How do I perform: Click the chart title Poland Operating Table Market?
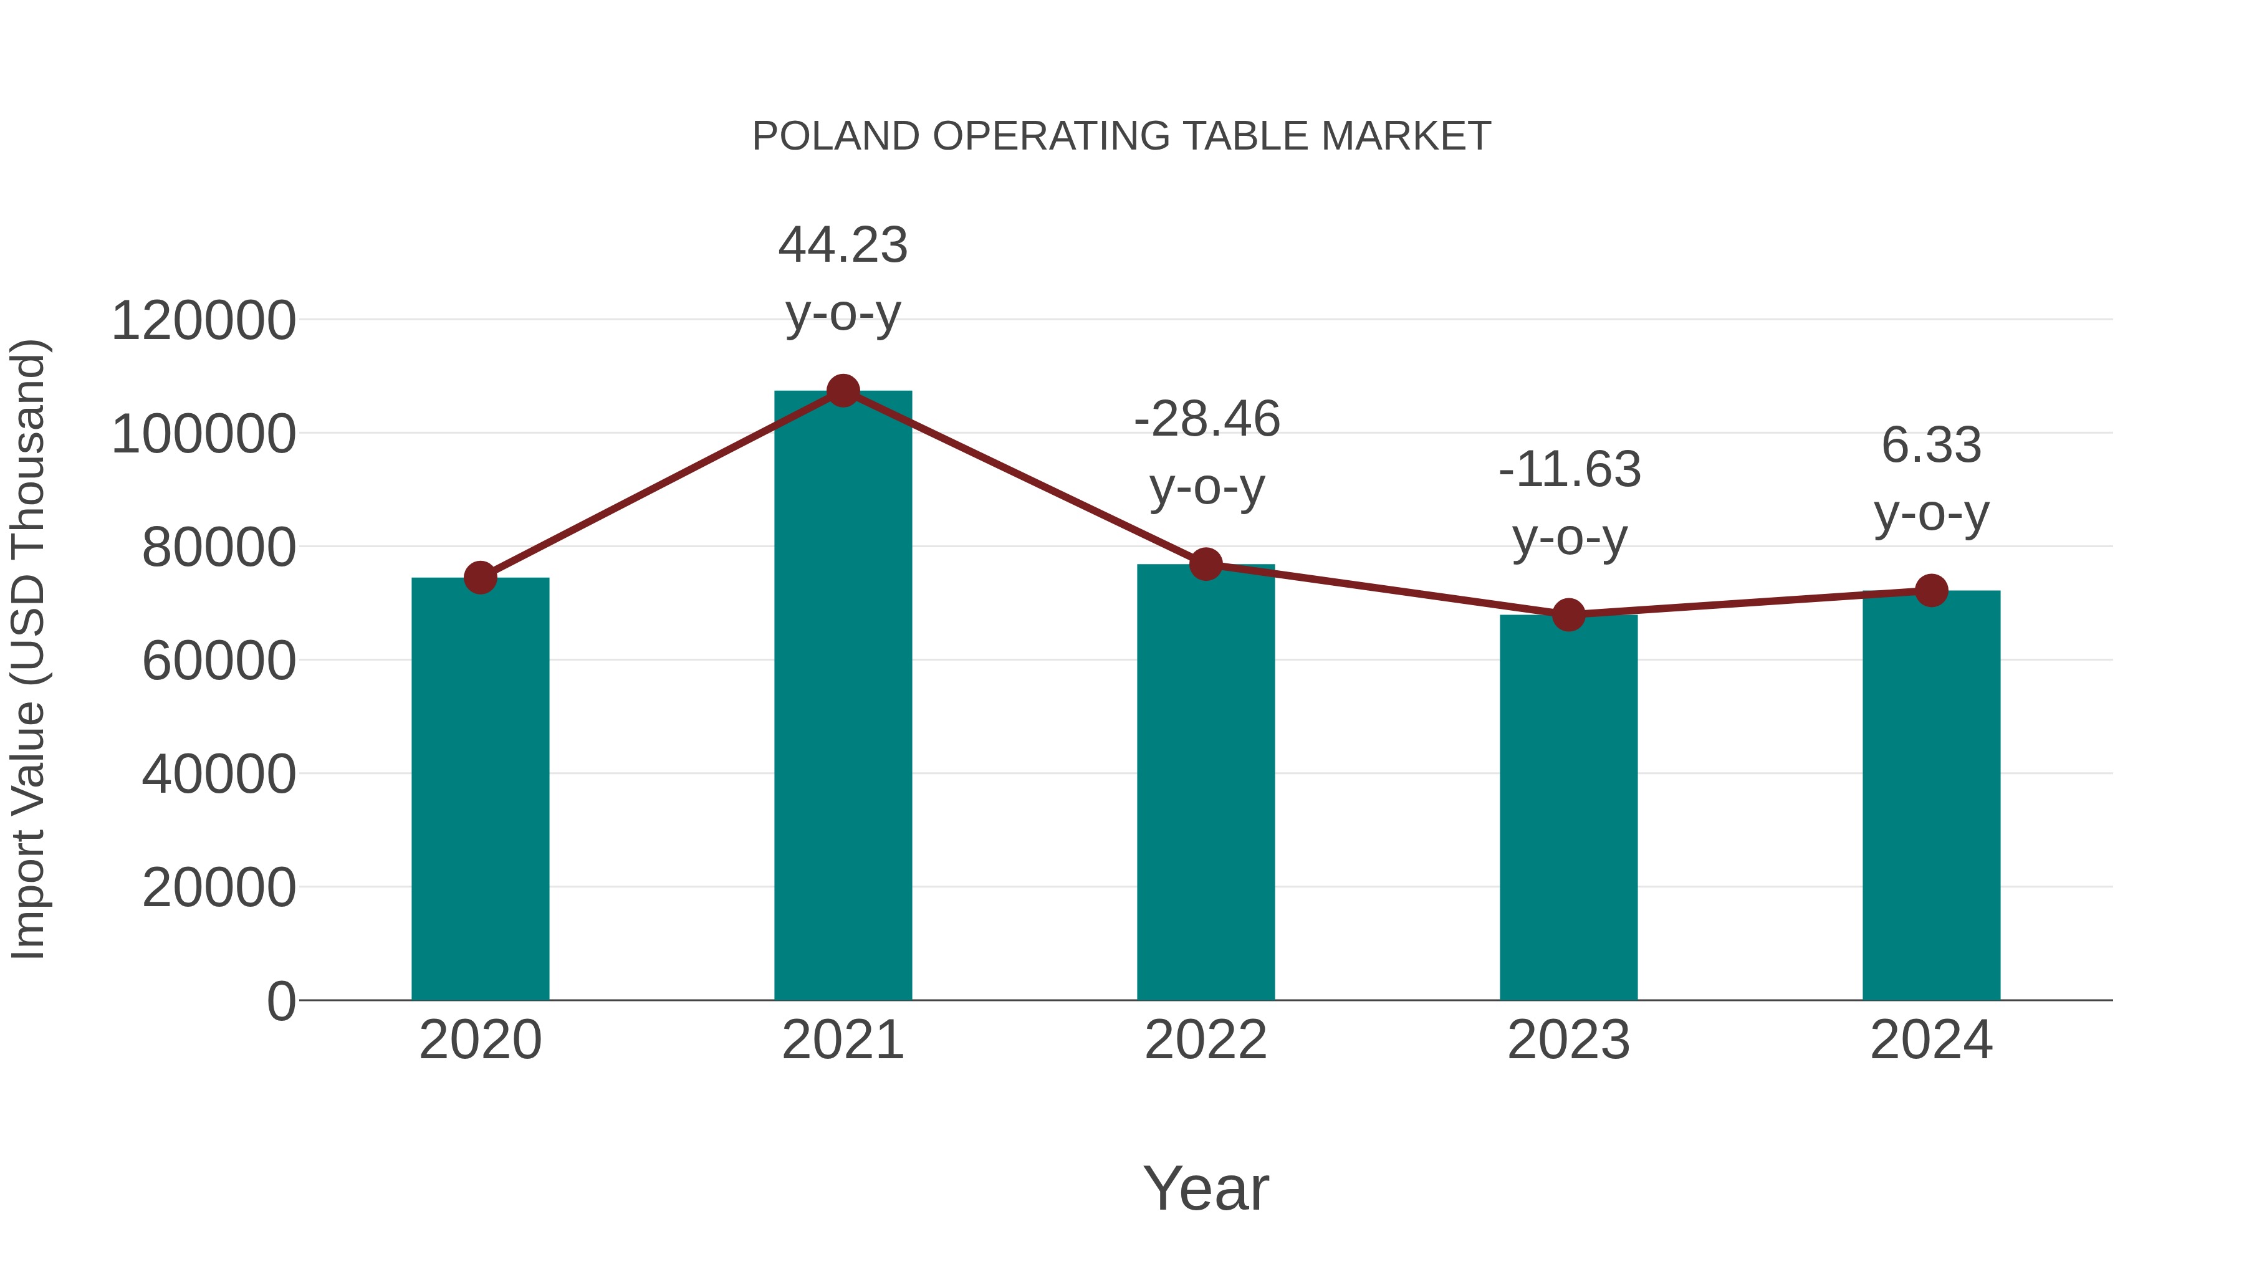click(x=1121, y=136)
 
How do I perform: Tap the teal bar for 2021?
click(x=842, y=697)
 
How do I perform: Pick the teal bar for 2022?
click(x=1206, y=784)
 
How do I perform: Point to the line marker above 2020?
click(x=480, y=578)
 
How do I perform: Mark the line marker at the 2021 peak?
click(x=842, y=391)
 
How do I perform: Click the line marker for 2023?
click(x=1568, y=615)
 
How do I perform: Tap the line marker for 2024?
click(x=1931, y=591)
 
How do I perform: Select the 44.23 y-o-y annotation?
click(x=842, y=279)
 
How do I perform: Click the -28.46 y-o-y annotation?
click(x=1207, y=453)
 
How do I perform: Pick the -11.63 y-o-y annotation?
click(x=1569, y=504)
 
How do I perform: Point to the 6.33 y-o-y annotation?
click(x=1931, y=479)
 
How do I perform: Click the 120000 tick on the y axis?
click(x=203, y=320)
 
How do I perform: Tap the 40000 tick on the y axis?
click(x=219, y=774)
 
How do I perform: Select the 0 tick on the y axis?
click(x=280, y=1001)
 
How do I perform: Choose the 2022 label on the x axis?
click(x=1206, y=1040)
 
